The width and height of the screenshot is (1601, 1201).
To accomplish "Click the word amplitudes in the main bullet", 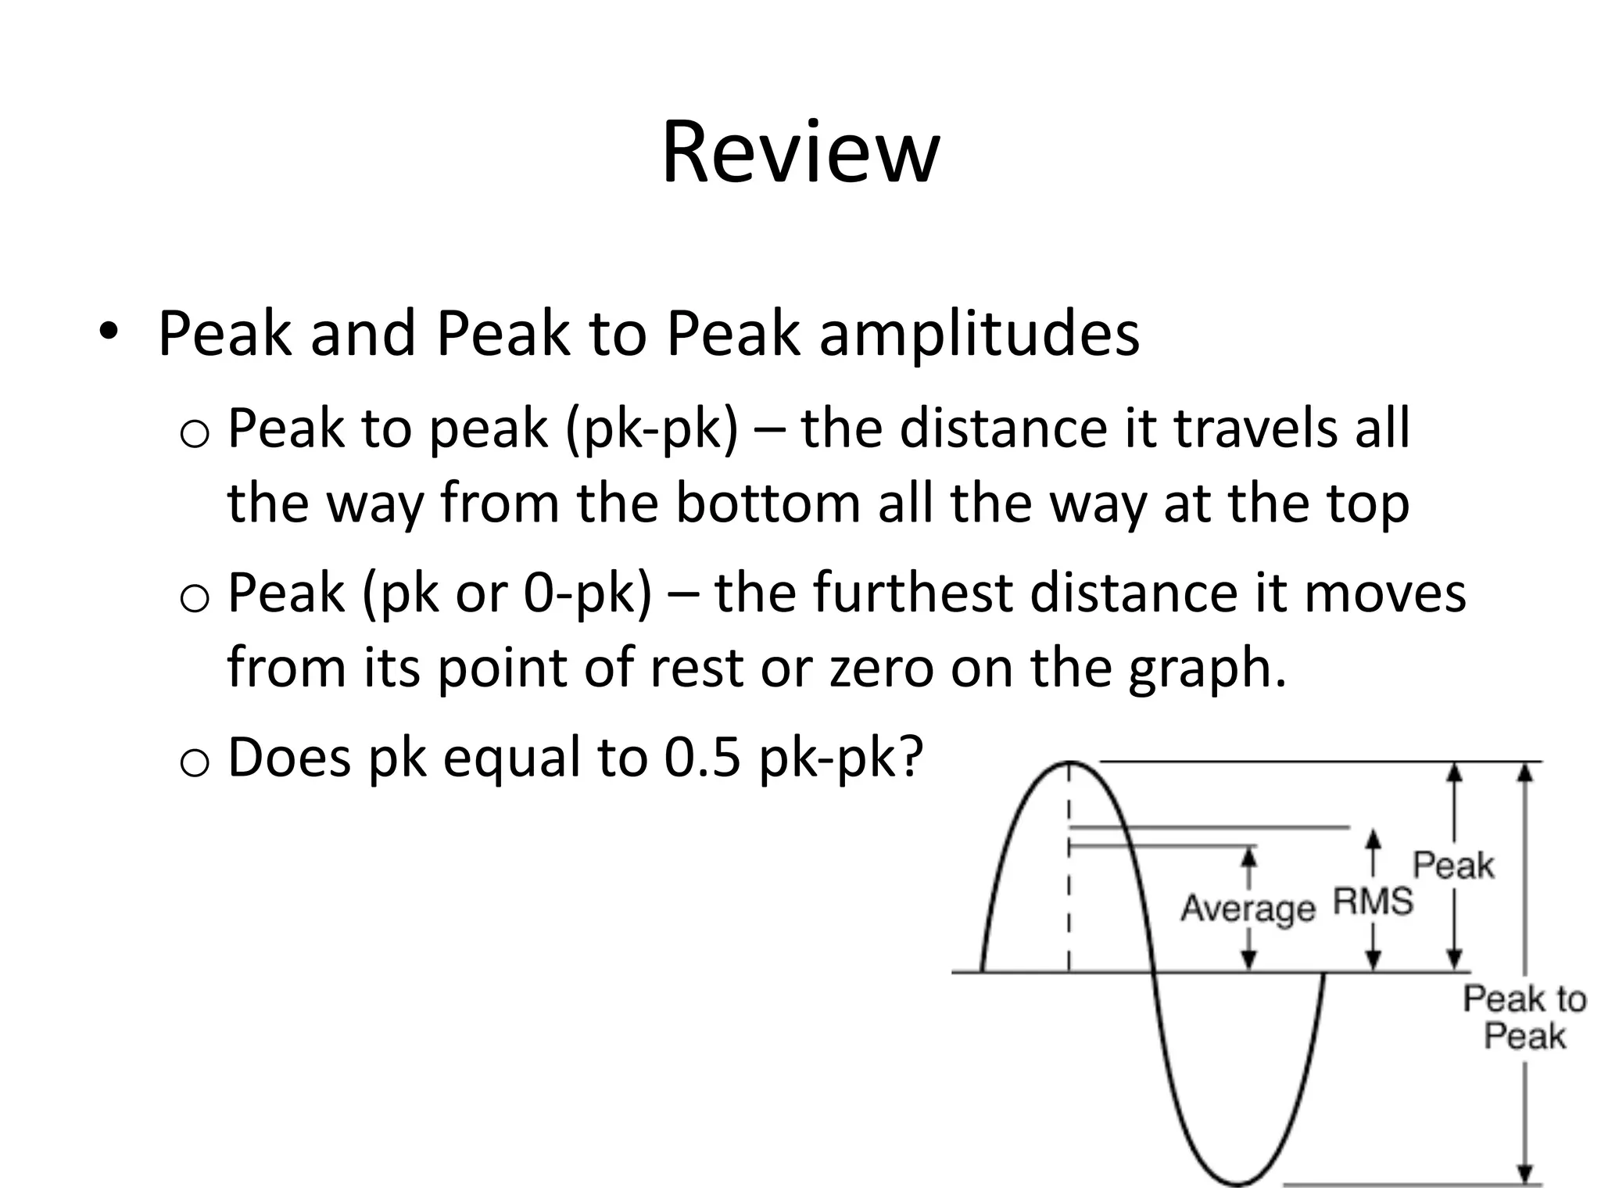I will pos(979,335).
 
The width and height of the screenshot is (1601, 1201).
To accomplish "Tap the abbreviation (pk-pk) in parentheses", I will pos(651,428).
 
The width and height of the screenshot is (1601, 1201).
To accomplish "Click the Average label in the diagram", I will pos(1248,909).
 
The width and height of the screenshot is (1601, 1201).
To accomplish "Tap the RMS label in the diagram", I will pos(1373,902).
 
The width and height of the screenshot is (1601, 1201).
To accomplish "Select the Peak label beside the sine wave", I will pos(1453,866).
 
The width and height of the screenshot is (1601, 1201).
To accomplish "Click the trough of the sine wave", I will pos(1237,1183).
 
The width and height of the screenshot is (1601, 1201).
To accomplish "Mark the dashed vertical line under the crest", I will pos(1069,891).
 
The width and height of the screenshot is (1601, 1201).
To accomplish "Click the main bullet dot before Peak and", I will pos(109,332).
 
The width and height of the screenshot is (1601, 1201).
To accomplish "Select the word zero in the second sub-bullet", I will pos(881,669).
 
